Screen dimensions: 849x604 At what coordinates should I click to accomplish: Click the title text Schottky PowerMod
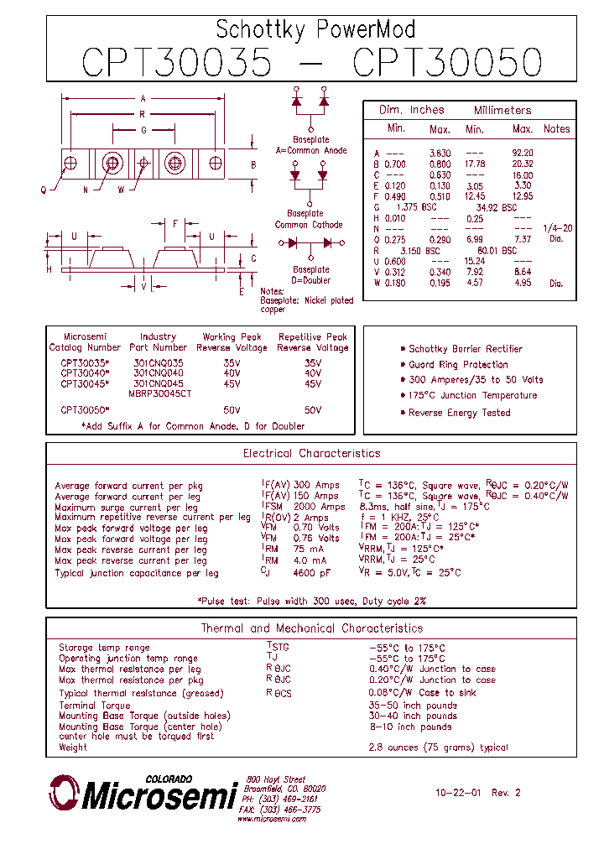pos(315,30)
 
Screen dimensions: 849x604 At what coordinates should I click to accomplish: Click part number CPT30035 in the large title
pos(176,63)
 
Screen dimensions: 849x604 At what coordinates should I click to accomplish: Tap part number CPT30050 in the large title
pos(447,63)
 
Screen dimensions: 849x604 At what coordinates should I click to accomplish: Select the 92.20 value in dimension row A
pos(522,153)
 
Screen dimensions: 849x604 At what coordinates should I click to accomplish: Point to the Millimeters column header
pos(502,110)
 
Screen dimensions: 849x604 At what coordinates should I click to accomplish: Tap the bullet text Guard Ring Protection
pos(458,365)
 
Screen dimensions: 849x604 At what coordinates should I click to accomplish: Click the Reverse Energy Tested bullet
pos(459,413)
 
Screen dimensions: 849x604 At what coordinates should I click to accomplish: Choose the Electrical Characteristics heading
pos(311,454)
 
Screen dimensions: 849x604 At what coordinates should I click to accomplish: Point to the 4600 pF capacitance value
pos(312,573)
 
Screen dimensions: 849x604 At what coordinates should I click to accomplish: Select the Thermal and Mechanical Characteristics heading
pos(311,628)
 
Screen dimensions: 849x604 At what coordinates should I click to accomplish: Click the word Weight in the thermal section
pos(73,747)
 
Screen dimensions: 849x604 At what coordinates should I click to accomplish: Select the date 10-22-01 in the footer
pos(457,793)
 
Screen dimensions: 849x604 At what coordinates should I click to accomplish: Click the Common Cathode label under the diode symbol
pos(309,225)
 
